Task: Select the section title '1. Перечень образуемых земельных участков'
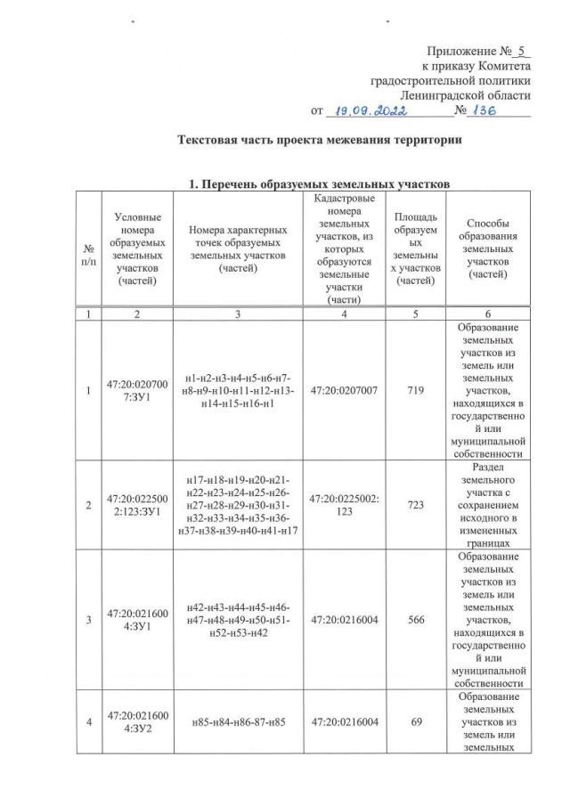(320, 184)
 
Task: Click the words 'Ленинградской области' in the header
(465, 95)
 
